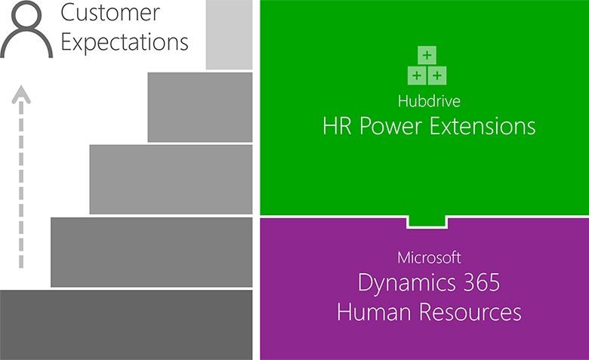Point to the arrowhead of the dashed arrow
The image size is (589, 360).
(x=23, y=94)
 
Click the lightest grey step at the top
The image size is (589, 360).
(x=229, y=35)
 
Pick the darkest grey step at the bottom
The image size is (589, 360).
(x=126, y=325)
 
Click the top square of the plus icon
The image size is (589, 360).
(x=427, y=56)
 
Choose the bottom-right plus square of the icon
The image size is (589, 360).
(x=437, y=74)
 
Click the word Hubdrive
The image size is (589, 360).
(x=428, y=100)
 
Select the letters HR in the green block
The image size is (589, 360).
(x=338, y=125)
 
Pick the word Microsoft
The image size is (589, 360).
(x=428, y=258)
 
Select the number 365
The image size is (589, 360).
(x=478, y=285)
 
